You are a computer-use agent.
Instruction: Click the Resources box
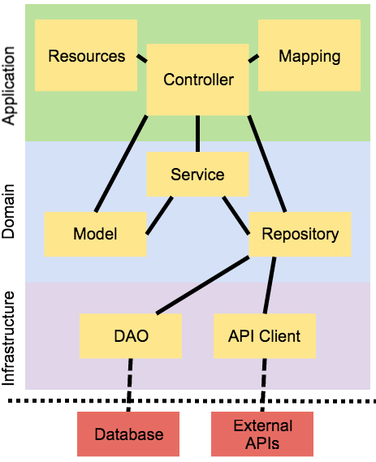[87, 56]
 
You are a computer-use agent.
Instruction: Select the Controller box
[198, 80]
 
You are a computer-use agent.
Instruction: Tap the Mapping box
[309, 56]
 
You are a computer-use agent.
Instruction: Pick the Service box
[197, 175]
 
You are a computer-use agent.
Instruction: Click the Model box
[95, 234]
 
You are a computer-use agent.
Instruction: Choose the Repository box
[300, 234]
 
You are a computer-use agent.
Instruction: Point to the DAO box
[130, 335]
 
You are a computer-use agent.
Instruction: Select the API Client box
[264, 335]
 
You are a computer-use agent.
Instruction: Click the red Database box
[128, 434]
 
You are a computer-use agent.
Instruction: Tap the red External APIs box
[262, 434]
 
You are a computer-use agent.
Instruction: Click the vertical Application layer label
[10, 85]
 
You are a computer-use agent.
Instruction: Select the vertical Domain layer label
[10, 212]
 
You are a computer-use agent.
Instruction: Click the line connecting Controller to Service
[197, 134]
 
